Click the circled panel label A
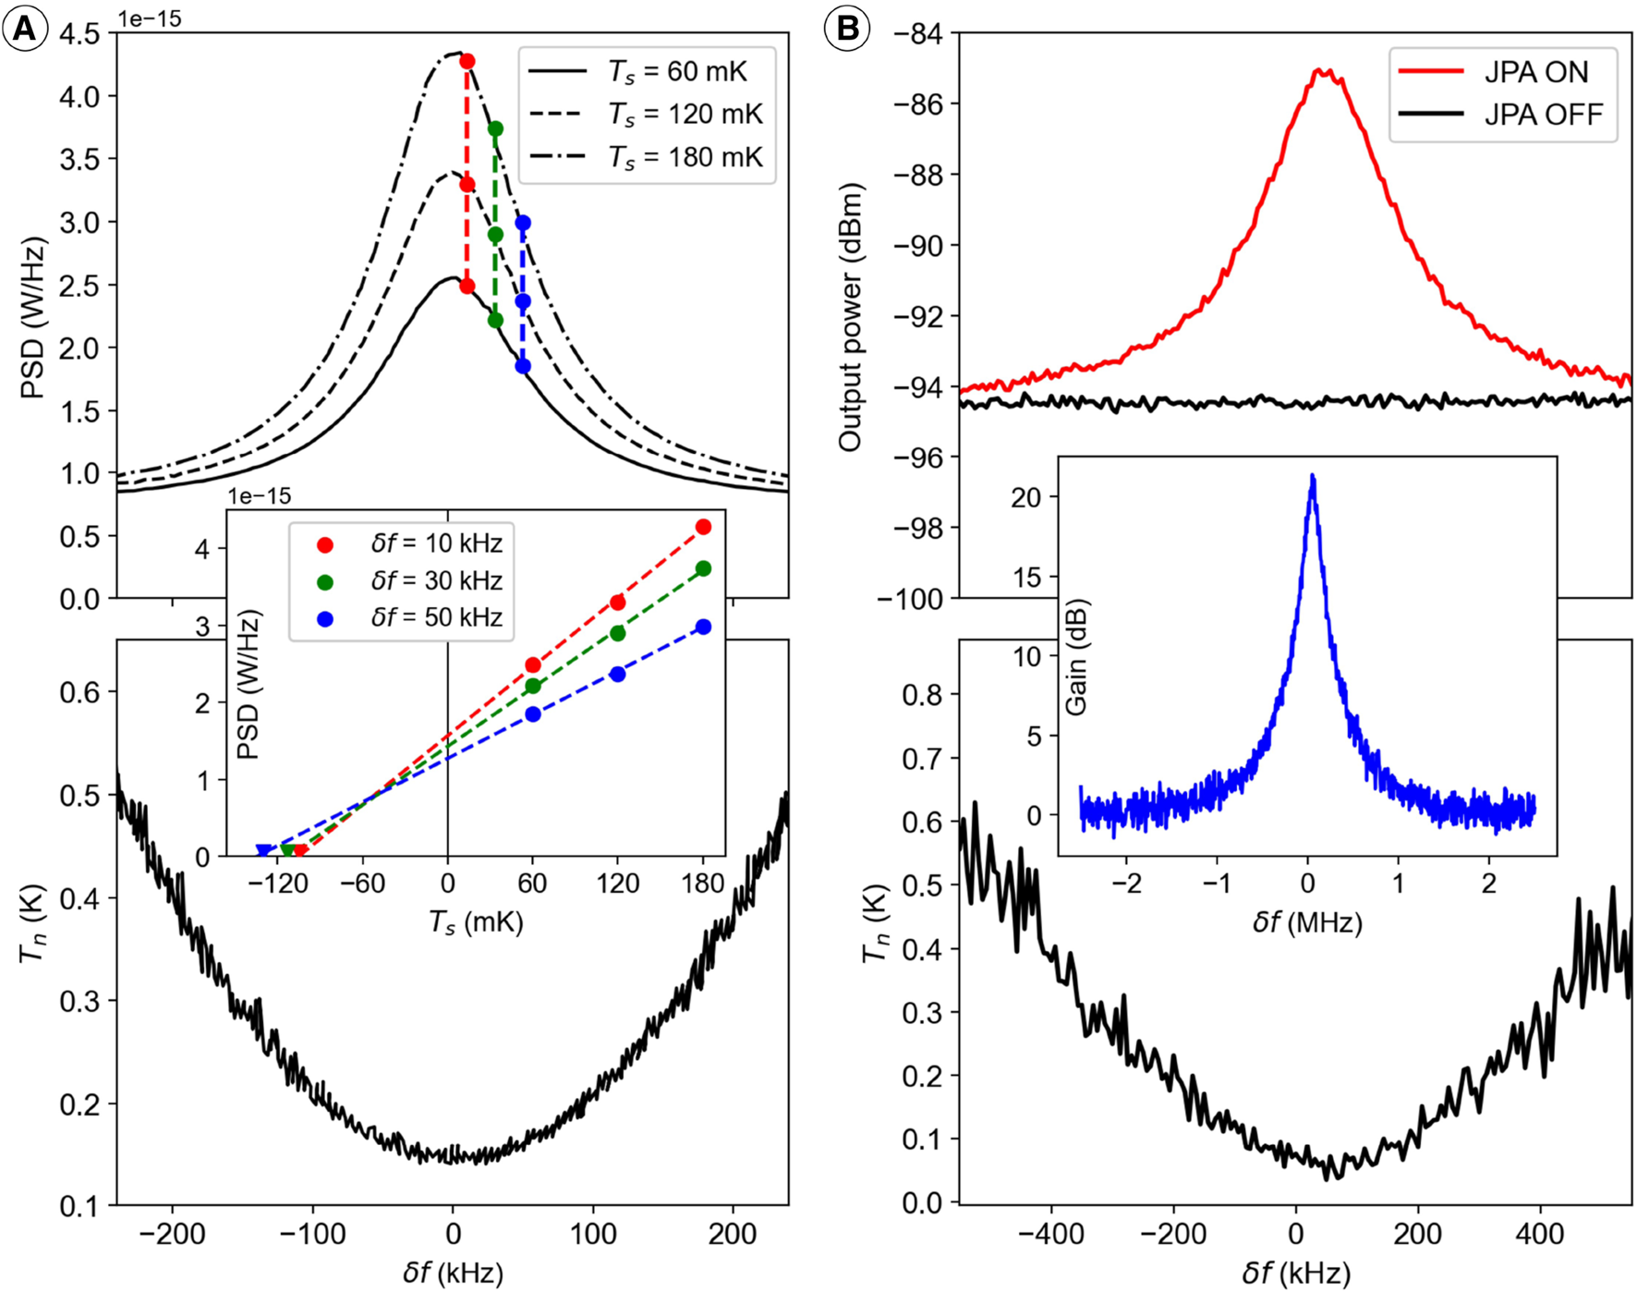[25, 30]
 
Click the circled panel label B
[847, 30]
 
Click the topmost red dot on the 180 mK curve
[467, 61]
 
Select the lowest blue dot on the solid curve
[523, 366]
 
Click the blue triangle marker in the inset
[263, 851]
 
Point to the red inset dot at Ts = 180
[703, 527]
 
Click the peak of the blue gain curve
[1312, 477]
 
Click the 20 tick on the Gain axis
[1025, 498]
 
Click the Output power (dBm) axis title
[849, 317]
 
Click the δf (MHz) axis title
[1307, 922]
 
